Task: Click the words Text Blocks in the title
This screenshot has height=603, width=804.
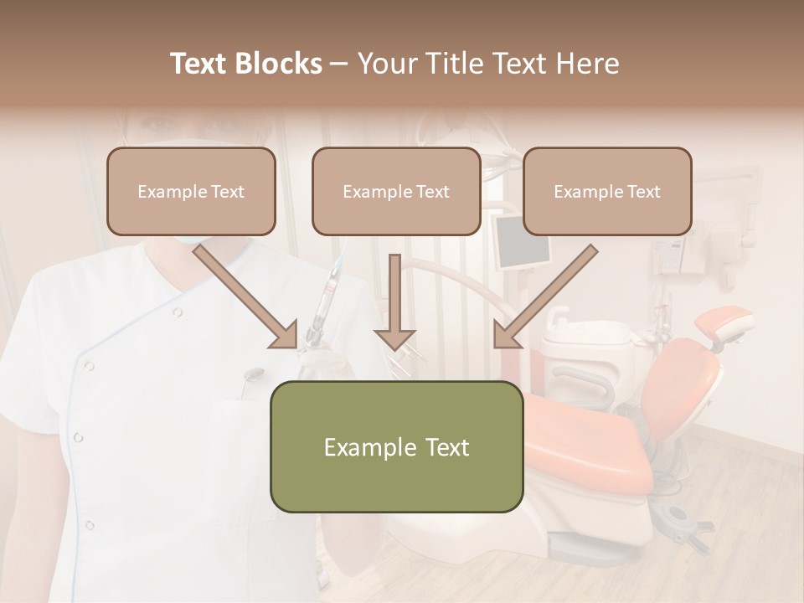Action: pos(245,64)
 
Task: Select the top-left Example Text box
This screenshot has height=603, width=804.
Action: pos(191,192)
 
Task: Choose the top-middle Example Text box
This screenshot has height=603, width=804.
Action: pos(396,192)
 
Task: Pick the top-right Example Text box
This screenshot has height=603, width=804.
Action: pos(607,192)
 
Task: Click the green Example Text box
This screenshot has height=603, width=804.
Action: pos(396,446)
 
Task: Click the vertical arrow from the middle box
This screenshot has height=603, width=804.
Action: pos(394,301)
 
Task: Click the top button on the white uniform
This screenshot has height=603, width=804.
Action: pos(177,312)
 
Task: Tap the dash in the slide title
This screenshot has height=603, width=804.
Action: pos(339,64)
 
